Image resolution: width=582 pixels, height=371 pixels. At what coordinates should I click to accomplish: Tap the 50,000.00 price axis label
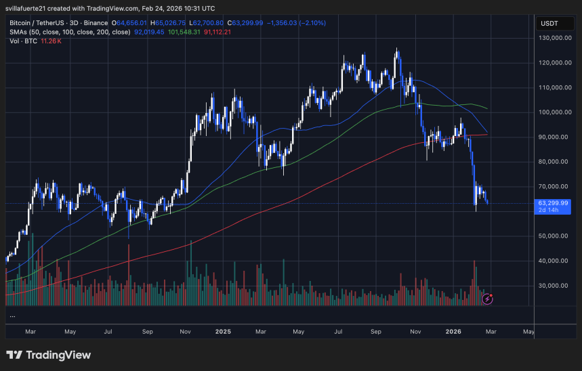click(x=554, y=236)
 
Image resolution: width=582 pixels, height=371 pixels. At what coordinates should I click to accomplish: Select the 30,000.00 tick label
click(x=554, y=286)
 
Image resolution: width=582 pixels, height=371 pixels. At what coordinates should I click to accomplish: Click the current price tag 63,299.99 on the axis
click(x=554, y=202)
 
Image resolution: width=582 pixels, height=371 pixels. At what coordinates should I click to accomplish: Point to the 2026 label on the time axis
click(x=453, y=332)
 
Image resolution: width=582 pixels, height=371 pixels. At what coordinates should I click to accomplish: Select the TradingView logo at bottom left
click(x=47, y=355)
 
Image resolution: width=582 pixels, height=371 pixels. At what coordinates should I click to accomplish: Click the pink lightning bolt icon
click(x=487, y=298)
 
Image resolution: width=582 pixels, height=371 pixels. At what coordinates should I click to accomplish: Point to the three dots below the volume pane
click(x=12, y=315)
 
